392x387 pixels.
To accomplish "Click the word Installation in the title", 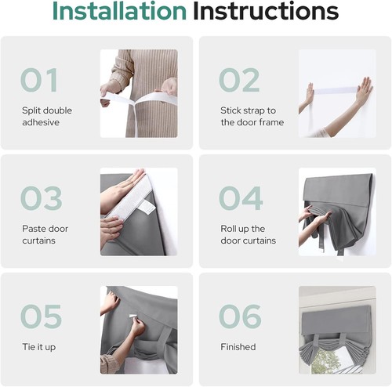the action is (x=119, y=11).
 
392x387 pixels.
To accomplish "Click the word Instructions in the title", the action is (x=266, y=11).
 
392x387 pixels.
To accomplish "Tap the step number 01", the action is (x=39, y=80).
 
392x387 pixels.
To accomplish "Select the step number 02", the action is (x=239, y=80).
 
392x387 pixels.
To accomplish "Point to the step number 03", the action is (x=42, y=198).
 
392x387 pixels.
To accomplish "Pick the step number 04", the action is (x=241, y=198).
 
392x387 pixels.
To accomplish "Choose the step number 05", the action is (x=41, y=316).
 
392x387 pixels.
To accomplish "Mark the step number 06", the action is (x=240, y=316).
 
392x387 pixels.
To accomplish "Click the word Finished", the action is (x=238, y=347).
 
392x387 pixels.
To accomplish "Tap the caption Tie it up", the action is (x=39, y=347).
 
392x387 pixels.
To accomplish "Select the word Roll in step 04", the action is (x=228, y=229).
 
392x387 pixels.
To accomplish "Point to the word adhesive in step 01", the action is (x=41, y=122).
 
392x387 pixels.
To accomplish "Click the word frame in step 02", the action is (x=270, y=122).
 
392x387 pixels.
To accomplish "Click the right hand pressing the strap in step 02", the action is (x=364, y=90).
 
